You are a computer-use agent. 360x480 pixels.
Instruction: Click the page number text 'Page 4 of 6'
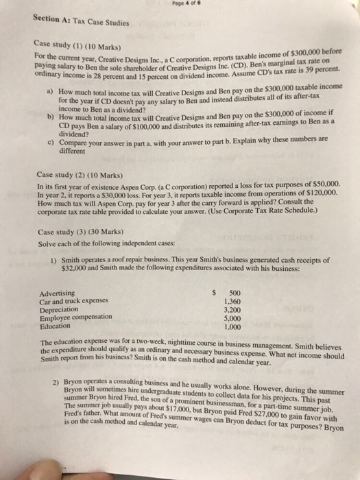pos(180,5)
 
